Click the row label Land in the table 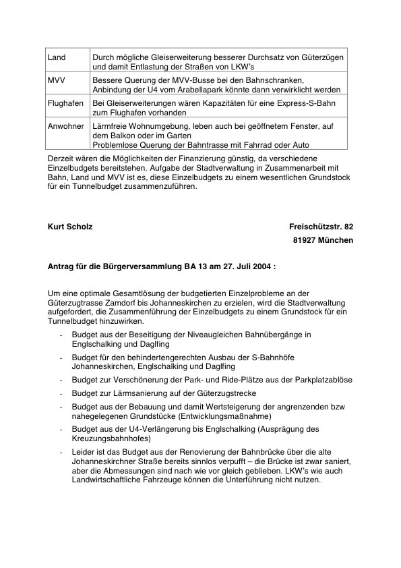pos(57,59)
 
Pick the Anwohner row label pos(65,126)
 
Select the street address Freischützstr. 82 pos(321,227)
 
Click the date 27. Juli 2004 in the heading pos(246,266)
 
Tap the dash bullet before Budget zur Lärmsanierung pos(63,393)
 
